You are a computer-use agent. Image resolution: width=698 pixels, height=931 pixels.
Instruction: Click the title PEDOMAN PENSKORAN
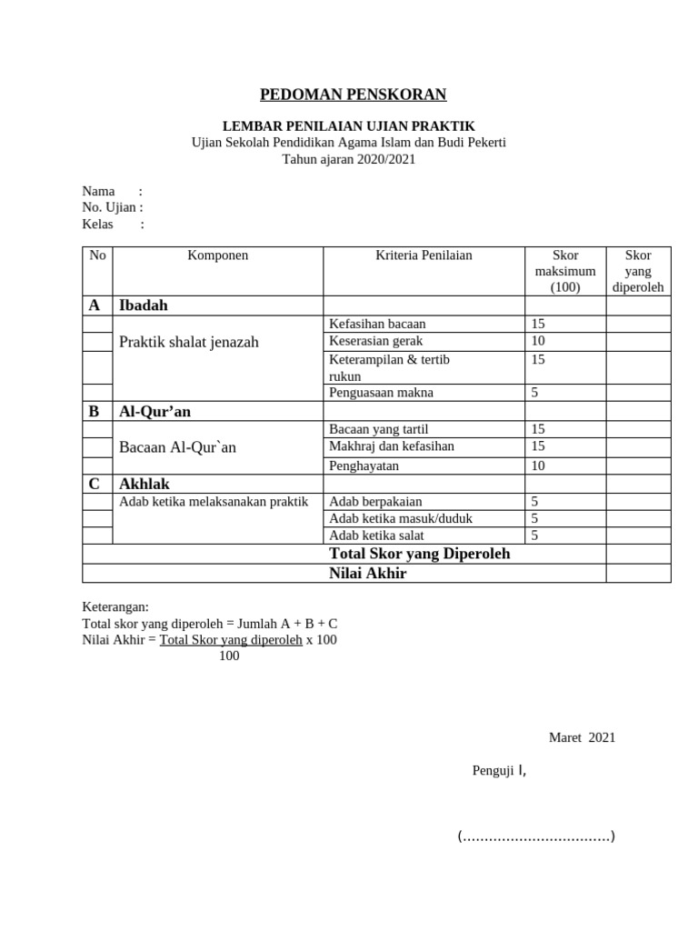354,95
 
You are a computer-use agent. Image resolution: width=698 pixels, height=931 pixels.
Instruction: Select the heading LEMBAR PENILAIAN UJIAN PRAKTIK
349,126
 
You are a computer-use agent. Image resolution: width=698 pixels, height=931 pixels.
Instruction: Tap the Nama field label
99,191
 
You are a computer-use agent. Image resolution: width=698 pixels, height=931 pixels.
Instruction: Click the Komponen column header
217,255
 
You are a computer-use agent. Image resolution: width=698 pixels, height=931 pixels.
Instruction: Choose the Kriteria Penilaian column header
424,255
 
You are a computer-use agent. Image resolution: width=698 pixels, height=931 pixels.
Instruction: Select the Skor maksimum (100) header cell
564,271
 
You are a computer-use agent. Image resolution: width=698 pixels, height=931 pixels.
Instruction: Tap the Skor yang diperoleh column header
638,271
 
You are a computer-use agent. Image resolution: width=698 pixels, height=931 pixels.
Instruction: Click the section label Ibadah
144,305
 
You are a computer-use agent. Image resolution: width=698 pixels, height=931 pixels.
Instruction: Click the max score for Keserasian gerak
538,341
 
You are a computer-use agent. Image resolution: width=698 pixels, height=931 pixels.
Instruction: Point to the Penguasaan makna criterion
381,393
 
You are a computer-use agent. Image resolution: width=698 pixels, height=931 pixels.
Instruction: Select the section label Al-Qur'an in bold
155,412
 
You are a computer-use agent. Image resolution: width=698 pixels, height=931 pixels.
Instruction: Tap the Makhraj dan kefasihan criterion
392,446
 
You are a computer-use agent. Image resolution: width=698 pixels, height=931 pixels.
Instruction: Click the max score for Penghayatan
538,465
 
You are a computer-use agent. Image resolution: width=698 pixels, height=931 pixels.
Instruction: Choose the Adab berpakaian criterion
375,501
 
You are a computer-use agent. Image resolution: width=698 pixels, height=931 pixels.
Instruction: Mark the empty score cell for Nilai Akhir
638,574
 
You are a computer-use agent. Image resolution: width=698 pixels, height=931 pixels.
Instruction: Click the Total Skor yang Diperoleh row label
419,554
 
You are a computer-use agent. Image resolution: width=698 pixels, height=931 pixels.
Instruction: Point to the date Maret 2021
582,737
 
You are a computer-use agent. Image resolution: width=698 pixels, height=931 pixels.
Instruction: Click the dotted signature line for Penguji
536,836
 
